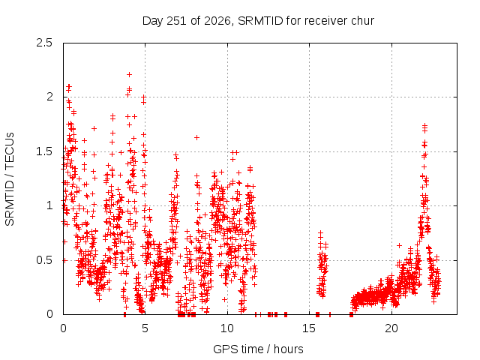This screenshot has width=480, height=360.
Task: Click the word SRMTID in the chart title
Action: (260, 21)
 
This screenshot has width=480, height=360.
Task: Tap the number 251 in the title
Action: (176, 21)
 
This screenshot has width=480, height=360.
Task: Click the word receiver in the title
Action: (326, 21)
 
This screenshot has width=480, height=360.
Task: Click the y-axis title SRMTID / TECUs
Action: (10, 179)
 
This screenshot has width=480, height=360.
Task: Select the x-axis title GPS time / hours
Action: (258, 349)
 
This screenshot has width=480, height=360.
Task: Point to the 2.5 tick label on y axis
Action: (44, 43)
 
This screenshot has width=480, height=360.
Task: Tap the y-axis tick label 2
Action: (49, 97)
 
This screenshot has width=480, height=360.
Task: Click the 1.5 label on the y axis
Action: (44, 151)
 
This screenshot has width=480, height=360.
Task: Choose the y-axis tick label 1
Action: (49, 205)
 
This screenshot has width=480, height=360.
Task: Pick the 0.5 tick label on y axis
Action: (44, 260)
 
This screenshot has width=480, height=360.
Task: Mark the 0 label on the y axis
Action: (49, 314)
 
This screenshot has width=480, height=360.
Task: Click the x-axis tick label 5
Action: (145, 328)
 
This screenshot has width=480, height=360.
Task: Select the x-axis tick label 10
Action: (227, 328)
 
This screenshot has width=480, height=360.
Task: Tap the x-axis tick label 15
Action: (309, 328)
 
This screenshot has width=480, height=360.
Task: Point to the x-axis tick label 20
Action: (391, 328)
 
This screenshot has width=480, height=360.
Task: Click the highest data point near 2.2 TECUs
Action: (130, 74)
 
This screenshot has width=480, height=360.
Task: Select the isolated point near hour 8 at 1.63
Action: (196, 137)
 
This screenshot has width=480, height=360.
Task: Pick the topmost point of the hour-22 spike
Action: (424, 125)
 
